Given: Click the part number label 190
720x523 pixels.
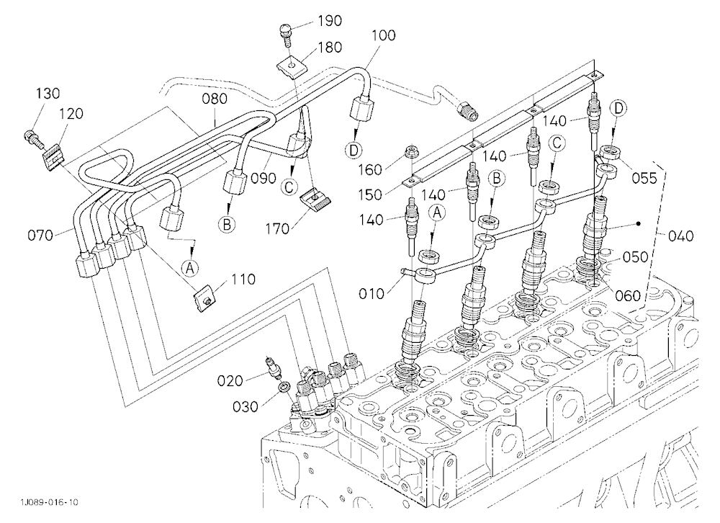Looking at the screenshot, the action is pyautogui.click(x=330, y=21).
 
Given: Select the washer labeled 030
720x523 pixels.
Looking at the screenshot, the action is pyautogui.click(x=283, y=386).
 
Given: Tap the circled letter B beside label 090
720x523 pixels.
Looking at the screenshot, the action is pyautogui.click(x=226, y=224).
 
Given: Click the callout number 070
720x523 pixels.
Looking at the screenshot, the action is pyautogui.click(x=40, y=236).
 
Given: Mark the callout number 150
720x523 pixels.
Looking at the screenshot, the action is pyautogui.click(x=370, y=195).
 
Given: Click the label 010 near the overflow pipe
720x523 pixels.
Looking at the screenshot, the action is pyautogui.click(x=371, y=293).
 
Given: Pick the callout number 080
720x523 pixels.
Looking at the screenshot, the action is pyautogui.click(x=215, y=99).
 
